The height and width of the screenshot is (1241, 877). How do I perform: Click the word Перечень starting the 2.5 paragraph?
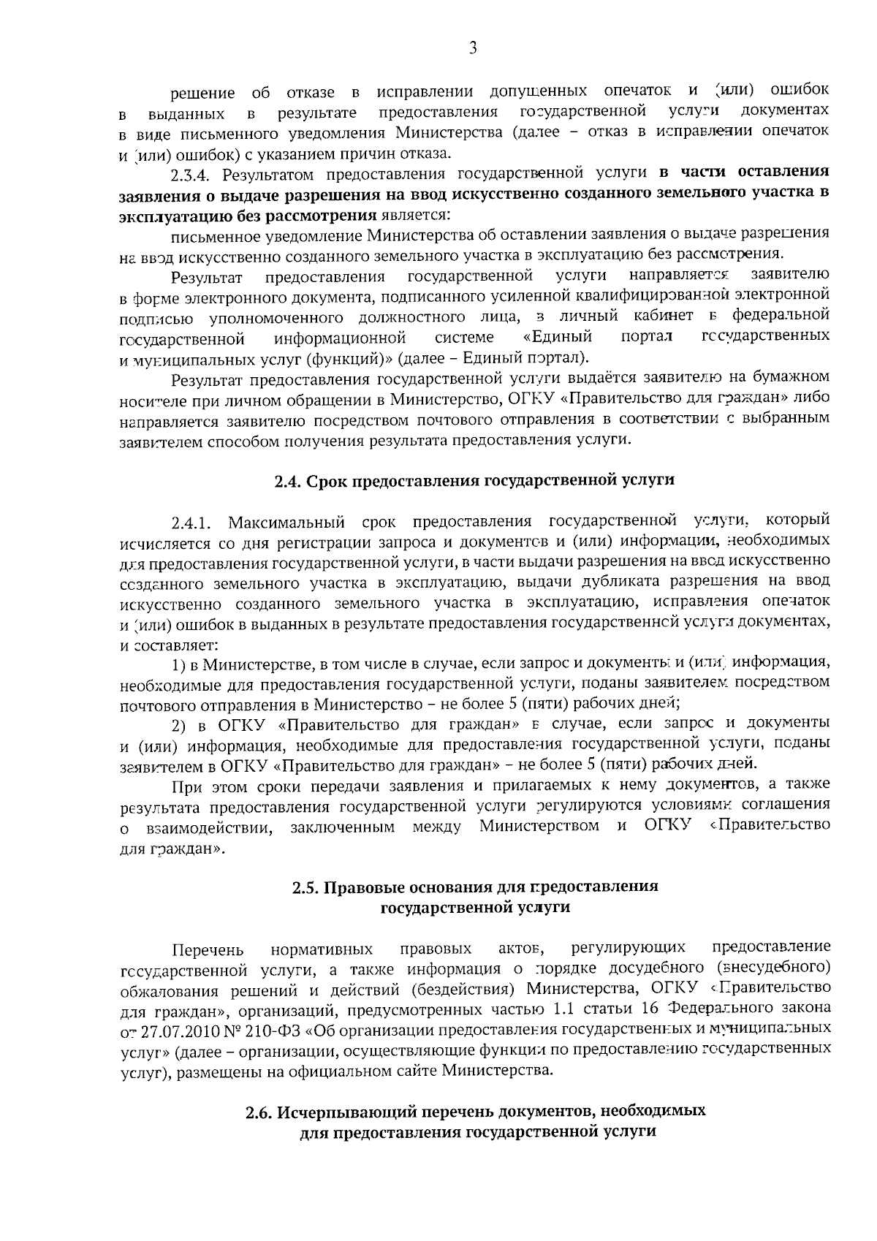pyautogui.click(x=207, y=950)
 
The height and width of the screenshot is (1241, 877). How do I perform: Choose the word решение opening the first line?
pyautogui.click(x=202, y=94)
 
